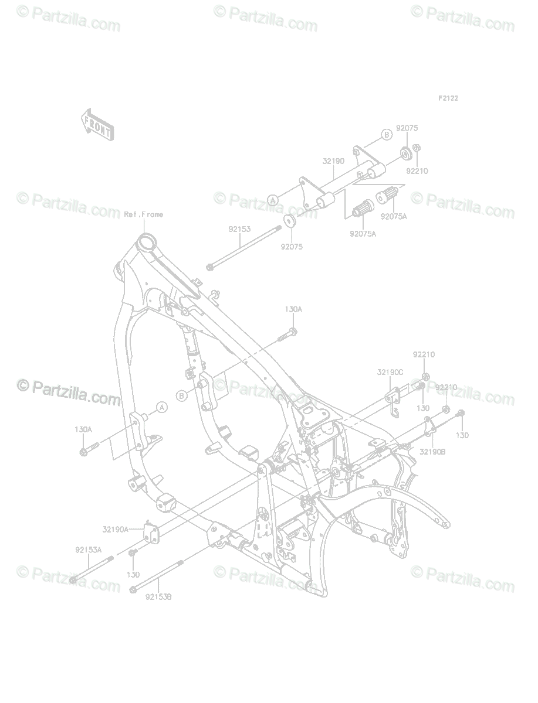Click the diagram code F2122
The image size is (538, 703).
click(448, 98)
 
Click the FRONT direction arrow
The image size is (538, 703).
click(96, 125)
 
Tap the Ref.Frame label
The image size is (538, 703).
click(143, 214)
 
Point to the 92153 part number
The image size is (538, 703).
click(239, 230)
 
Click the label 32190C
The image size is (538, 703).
click(390, 372)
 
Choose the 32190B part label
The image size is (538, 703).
click(433, 452)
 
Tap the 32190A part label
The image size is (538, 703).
click(115, 530)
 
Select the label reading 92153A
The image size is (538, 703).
click(88, 550)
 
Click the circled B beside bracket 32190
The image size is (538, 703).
click(386, 135)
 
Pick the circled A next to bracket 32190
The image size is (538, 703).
click(273, 200)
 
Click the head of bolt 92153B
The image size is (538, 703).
click(134, 588)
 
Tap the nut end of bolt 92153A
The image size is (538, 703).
click(73, 580)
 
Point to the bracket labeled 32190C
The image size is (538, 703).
click(395, 395)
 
